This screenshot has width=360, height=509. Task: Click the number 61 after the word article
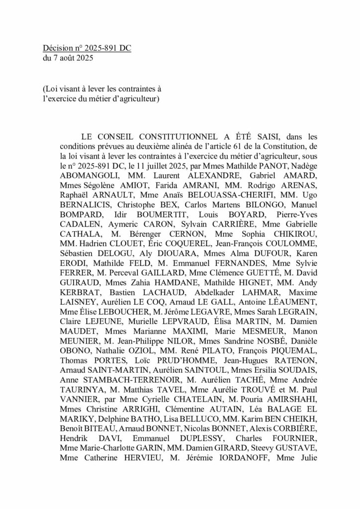[x=235, y=145]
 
